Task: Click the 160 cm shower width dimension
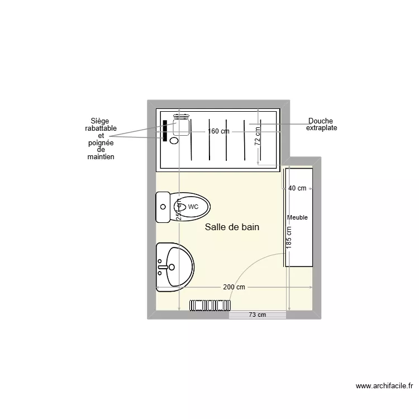pos(218,132)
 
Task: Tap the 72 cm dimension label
pos(258,136)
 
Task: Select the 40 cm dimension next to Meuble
pos(297,188)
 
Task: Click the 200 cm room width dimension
pos(234,287)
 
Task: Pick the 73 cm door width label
pos(258,315)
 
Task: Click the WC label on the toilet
pos(193,207)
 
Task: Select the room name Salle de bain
pos(232,227)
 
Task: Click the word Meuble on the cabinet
pos(297,217)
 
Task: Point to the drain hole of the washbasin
pos(172,267)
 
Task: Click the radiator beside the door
pos(210,305)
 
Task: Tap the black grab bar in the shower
pos(165,130)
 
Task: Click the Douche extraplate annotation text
pos(321,125)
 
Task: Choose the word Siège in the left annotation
pos(101,121)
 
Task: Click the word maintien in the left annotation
pos(101,157)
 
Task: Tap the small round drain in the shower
pos(174,141)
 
